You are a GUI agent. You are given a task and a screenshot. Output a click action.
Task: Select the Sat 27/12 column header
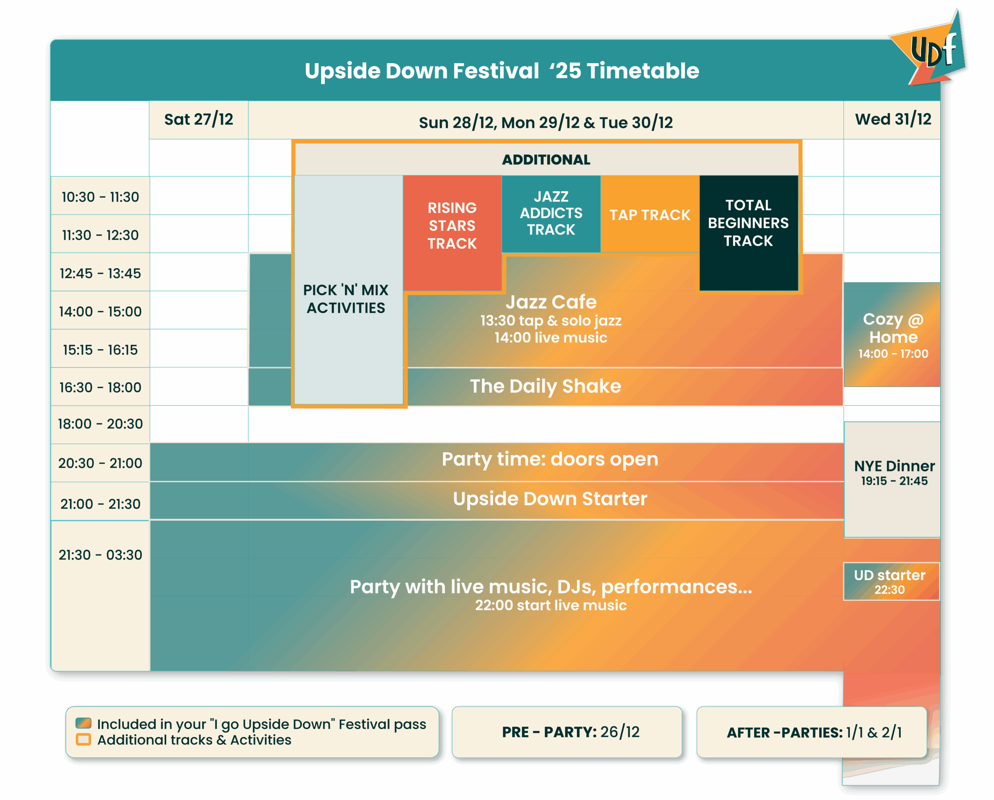click(x=199, y=120)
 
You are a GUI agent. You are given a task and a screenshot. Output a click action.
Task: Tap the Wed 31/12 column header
click(x=893, y=120)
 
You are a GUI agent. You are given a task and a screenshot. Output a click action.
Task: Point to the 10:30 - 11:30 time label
click(x=100, y=197)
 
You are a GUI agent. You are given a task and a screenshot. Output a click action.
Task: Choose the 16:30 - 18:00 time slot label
click(x=100, y=387)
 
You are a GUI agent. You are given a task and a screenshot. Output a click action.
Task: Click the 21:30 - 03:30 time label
click(x=100, y=555)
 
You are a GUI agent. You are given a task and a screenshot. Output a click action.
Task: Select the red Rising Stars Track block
click(x=452, y=233)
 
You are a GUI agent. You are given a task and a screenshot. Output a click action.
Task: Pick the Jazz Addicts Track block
click(x=551, y=214)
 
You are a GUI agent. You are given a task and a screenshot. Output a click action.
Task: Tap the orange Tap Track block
click(x=650, y=214)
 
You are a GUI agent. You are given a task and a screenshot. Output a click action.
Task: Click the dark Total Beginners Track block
click(x=749, y=233)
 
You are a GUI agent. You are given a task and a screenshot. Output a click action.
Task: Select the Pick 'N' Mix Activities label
click(x=346, y=299)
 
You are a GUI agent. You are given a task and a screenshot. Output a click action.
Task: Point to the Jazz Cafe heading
click(x=551, y=302)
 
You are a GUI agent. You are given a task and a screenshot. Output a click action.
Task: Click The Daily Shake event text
click(x=546, y=386)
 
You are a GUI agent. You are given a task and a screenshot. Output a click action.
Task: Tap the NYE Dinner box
click(x=893, y=480)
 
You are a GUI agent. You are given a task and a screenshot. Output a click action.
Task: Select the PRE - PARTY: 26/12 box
click(x=567, y=732)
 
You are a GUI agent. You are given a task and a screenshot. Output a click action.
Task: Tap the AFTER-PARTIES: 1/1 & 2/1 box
click(x=812, y=732)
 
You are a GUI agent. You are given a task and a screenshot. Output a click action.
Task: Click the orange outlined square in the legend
click(x=83, y=739)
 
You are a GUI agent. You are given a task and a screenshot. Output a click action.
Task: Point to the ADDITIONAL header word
click(x=546, y=160)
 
